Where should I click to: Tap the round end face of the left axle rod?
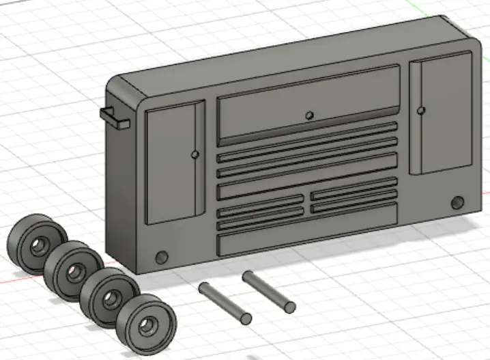245,318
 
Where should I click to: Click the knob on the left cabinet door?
196,155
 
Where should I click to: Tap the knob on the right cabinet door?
421,110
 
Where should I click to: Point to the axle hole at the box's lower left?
162,258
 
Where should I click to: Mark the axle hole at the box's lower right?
457,203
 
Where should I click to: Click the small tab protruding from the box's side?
114,117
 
